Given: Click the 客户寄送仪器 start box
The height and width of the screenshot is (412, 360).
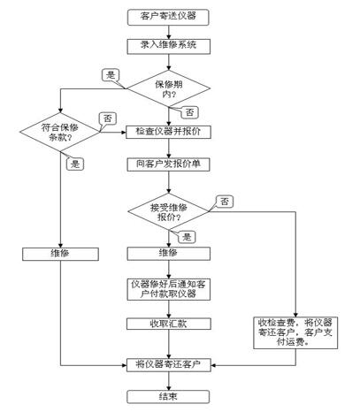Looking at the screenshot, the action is coord(168,17).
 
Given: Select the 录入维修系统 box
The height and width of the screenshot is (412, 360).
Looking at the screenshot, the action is coord(169,47).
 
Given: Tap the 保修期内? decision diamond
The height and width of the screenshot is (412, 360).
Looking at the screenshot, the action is coord(168,88).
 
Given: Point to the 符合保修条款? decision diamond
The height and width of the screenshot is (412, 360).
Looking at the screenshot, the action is coord(60,132).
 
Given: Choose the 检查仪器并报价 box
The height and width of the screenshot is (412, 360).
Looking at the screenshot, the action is coord(168,132).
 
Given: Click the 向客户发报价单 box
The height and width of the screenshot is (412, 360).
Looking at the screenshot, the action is coord(168,164).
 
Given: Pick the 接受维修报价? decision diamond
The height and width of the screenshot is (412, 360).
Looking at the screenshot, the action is coord(168,211).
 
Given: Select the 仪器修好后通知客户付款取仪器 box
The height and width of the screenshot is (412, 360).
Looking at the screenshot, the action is coord(169,289).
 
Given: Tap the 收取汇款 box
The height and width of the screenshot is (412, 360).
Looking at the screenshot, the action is coord(169,324).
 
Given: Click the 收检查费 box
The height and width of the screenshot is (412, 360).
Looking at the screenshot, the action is coord(295,332).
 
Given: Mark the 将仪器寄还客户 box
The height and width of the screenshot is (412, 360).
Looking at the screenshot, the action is coord(169,365).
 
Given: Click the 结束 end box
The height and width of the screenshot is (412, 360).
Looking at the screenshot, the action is coord(168,397).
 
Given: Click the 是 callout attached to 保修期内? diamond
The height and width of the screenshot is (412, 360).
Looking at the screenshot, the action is coord(111,75).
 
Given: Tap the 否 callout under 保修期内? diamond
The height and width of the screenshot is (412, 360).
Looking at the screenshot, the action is coord(189,112).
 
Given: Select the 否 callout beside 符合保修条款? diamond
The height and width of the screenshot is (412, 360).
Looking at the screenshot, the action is coord(108,119).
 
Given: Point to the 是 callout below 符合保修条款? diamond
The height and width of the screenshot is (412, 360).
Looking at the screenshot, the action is coord(75,164).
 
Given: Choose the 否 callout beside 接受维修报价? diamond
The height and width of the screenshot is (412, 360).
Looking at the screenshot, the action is coord(225,202).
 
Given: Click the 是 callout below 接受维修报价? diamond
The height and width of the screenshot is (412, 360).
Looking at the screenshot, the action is coord(187,237).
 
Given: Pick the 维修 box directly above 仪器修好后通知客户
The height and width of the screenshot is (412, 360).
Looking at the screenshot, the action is coord(169,254).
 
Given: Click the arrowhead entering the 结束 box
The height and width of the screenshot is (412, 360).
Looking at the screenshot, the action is coord(169,387).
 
